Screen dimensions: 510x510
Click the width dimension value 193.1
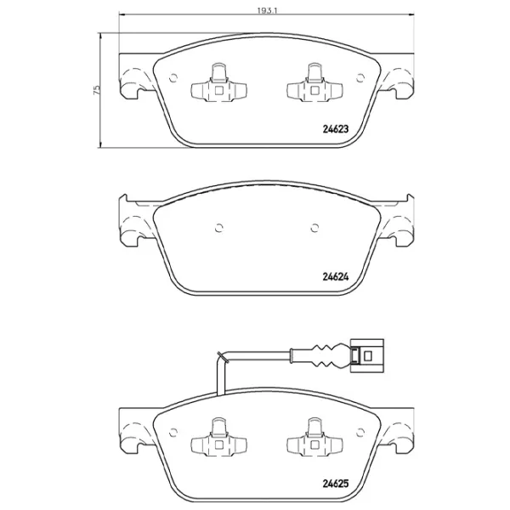tap(267, 10)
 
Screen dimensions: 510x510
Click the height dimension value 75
tap(97, 90)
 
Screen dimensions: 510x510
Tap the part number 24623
tap(336, 129)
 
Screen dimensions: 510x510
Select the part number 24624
tap(336, 277)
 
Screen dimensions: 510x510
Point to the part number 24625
tap(336, 484)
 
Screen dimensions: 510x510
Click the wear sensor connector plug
tap(367, 355)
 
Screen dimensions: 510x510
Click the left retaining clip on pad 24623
tap(218, 83)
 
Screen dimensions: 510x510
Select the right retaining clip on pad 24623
tap(314, 83)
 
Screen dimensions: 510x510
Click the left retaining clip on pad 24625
tap(218, 438)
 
